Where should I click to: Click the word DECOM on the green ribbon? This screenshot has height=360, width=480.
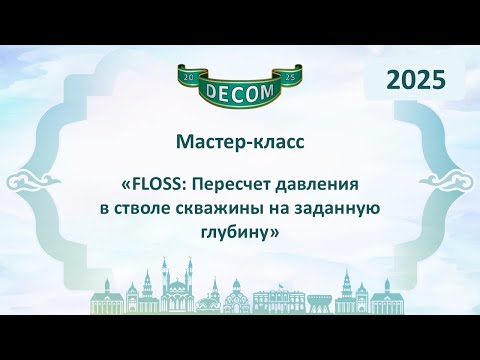(x=239, y=97)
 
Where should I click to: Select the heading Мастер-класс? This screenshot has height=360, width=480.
(x=239, y=142)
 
